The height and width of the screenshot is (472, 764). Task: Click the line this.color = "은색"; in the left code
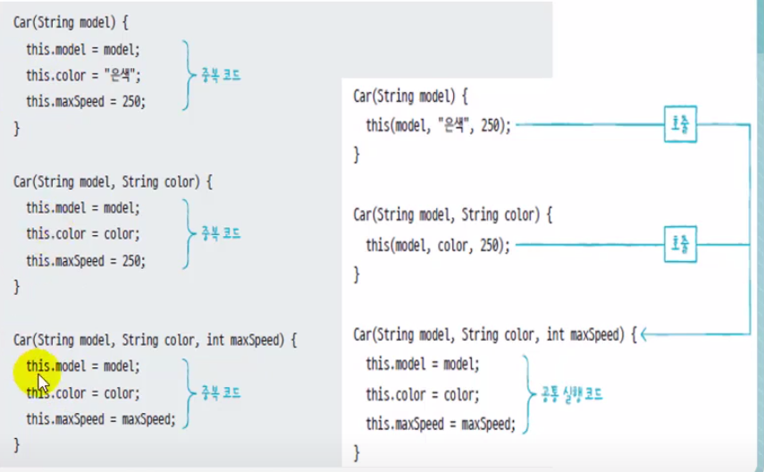click(83, 75)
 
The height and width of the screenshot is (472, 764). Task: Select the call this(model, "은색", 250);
click(438, 126)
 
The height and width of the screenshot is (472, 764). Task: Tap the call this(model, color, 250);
click(438, 245)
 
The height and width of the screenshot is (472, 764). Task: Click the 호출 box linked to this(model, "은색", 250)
click(681, 125)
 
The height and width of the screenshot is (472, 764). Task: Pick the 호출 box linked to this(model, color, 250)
click(681, 243)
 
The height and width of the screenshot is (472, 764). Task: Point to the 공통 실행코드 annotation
click(572, 393)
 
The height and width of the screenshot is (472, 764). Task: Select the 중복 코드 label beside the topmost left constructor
click(221, 76)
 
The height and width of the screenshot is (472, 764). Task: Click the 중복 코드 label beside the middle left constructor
click(221, 233)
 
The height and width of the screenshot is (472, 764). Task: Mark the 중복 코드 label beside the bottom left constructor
click(221, 392)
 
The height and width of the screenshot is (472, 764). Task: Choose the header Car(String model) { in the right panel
click(410, 96)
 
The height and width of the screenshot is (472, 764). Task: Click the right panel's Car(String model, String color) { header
click(454, 215)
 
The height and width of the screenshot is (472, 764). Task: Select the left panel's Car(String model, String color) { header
click(113, 181)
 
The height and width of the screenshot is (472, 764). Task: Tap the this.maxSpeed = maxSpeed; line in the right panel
click(441, 425)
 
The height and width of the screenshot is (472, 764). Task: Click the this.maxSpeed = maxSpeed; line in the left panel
click(101, 418)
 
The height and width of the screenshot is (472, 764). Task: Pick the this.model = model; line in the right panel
click(423, 365)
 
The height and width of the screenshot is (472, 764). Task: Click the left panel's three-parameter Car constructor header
click(155, 340)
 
